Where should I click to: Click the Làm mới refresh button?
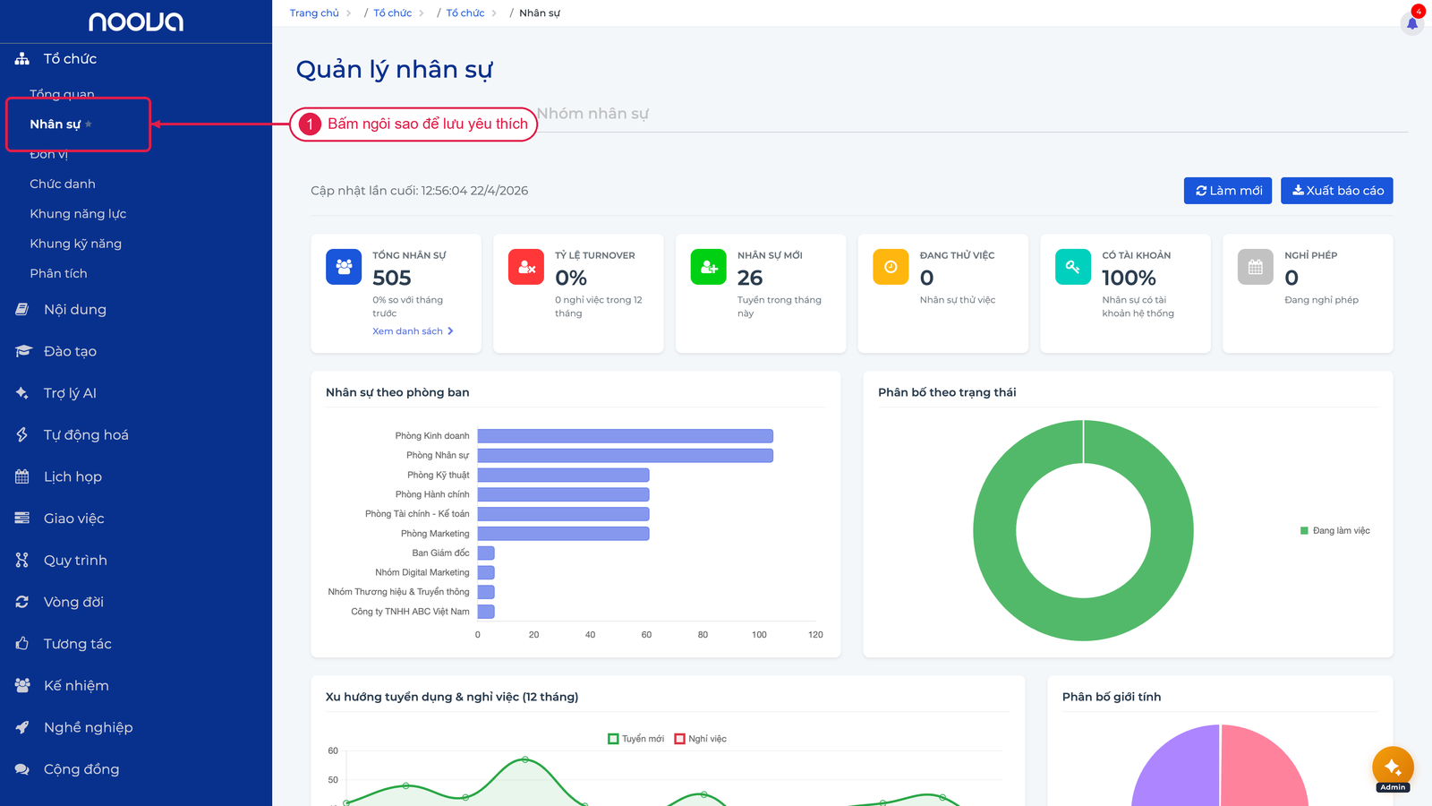[x=1227, y=191]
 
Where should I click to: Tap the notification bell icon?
[x=1411, y=23]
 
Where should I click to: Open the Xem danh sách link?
[x=413, y=330]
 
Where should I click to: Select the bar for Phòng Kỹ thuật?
[x=563, y=475]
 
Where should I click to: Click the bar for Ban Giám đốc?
[x=486, y=553]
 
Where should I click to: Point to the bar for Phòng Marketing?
[x=563, y=534]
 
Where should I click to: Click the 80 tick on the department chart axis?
[x=703, y=635]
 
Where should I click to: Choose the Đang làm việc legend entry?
[x=1334, y=530]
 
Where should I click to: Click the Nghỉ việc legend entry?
[x=701, y=739]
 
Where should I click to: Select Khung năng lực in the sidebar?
[x=78, y=214]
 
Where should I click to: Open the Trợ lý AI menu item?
[x=70, y=393]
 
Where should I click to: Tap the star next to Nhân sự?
[x=89, y=124]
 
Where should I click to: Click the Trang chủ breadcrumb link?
[x=314, y=13]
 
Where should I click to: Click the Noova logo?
[x=136, y=21]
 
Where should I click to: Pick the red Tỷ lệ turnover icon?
[x=525, y=267]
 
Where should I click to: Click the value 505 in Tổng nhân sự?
[x=392, y=278]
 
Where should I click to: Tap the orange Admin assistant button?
[x=1393, y=767]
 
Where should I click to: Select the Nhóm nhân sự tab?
[x=592, y=114]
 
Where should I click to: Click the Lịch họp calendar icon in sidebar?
[x=22, y=476]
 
